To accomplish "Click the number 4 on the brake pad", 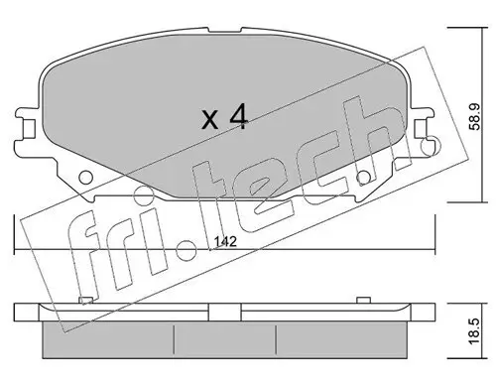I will coord(237,119).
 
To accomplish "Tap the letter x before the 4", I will coord(209,122).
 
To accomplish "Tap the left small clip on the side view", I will coord(86,299).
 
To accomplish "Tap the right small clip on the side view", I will coord(364,299).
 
